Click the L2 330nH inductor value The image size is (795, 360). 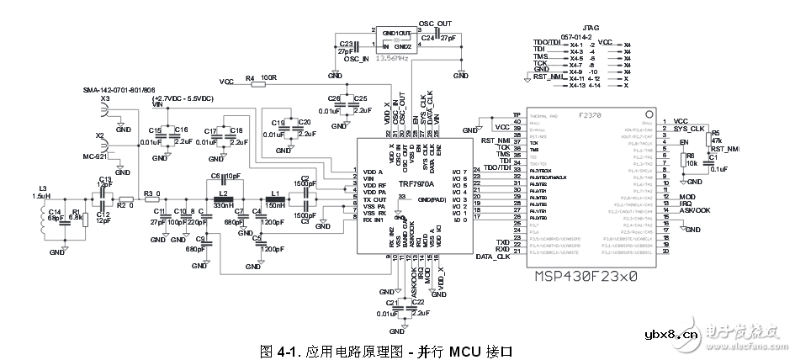[x=224, y=205]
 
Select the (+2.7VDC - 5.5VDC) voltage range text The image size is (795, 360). [x=183, y=100]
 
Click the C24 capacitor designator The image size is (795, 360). [x=427, y=38]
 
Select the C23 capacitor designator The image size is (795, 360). [x=346, y=44]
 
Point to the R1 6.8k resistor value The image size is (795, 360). [x=75, y=217]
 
